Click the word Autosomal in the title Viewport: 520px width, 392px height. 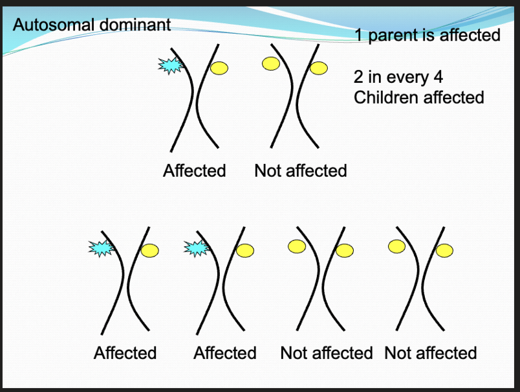point(55,25)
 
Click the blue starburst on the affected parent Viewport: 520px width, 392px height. point(171,65)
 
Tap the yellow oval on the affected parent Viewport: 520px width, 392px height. point(219,67)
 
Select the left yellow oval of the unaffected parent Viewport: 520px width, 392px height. point(270,63)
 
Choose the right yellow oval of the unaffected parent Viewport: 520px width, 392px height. point(319,67)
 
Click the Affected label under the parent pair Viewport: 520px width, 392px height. point(195,171)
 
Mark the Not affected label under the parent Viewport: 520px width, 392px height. point(301,171)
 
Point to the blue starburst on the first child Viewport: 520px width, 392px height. point(100,248)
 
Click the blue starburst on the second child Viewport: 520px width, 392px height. point(197,248)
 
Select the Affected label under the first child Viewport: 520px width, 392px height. point(125,353)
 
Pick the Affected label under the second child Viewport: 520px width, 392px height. point(224,353)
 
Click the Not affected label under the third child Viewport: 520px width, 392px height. point(326,353)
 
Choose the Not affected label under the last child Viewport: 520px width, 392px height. point(430,353)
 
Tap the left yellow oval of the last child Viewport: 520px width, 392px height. point(396,246)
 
